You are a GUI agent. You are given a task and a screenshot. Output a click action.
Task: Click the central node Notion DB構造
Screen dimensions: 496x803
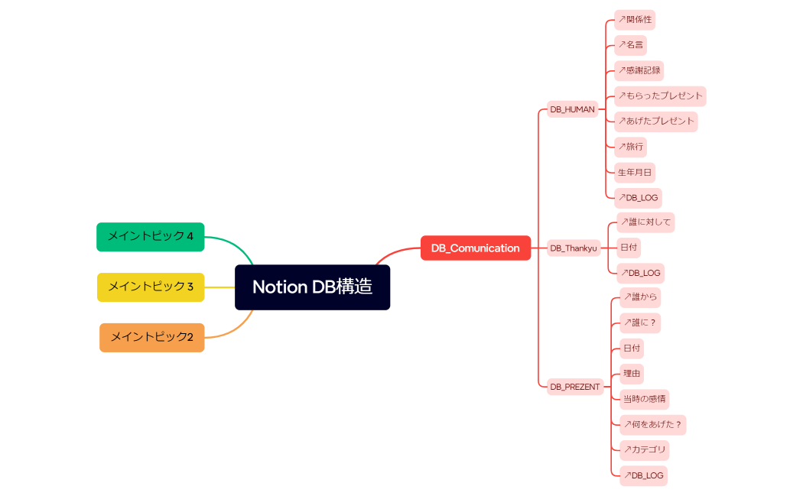[312, 287]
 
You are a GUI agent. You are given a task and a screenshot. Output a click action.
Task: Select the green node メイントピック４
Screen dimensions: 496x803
[151, 236]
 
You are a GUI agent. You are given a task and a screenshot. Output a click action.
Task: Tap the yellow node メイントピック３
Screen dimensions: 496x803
[151, 287]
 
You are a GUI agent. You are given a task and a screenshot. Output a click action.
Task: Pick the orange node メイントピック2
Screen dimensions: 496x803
[152, 337]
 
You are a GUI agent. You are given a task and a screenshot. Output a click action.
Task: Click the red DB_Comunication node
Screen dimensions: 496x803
[475, 248]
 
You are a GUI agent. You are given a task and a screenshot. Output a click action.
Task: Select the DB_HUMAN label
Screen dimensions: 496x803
[572, 109]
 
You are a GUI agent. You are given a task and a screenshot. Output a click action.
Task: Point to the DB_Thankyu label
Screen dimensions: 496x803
[574, 248]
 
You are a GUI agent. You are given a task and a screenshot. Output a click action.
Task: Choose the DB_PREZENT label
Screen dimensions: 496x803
[575, 387]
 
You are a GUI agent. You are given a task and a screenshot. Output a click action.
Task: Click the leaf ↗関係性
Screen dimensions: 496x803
[635, 20]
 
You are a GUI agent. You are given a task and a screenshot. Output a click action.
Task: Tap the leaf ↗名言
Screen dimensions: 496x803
[630, 45]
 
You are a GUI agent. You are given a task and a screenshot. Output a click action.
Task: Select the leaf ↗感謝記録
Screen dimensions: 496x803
[639, 70]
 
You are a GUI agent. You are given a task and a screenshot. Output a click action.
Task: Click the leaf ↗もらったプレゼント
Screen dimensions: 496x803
[660, 96]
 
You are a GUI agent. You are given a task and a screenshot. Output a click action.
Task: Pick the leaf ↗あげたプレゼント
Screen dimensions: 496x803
[656, 121]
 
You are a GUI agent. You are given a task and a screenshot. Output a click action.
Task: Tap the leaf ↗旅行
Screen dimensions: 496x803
[631, 146]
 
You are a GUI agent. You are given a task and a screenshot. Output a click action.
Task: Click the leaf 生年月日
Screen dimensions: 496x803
[635, 172]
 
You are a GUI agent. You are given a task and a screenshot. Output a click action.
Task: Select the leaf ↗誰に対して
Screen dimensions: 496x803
[645, 222]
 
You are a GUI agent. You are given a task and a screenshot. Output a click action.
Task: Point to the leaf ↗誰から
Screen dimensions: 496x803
[640, 297]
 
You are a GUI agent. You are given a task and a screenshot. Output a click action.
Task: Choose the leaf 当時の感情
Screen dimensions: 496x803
[644, 399]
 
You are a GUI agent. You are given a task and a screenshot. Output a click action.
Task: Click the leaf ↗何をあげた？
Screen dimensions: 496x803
[652, 425]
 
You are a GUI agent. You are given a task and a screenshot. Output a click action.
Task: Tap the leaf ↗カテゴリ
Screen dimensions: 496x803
[645, 449]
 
